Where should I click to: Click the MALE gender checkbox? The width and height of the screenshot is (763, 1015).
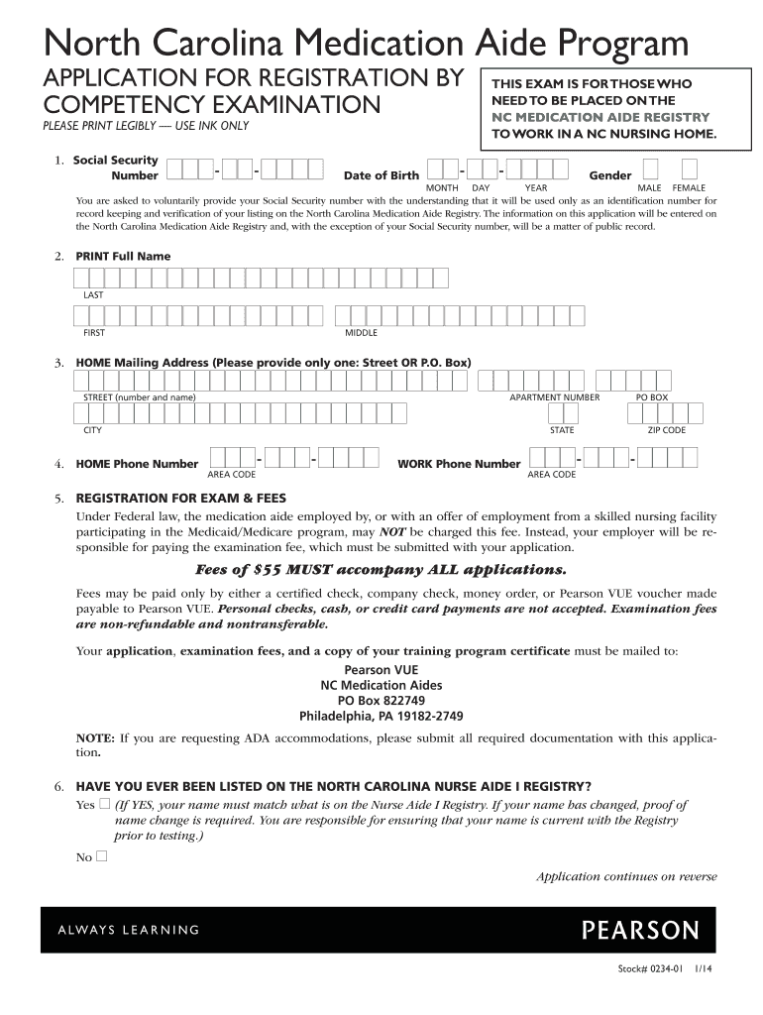(650, 169)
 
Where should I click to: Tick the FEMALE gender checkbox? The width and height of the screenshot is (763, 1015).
(690, 169)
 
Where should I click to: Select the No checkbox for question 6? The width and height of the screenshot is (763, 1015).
(100, 855)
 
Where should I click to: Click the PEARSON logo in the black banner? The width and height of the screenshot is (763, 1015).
(640, 931)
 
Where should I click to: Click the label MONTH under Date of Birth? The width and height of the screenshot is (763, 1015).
(441, 187)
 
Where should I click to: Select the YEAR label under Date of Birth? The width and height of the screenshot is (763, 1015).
(536, 187)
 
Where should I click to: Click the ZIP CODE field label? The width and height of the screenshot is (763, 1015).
(667, 430)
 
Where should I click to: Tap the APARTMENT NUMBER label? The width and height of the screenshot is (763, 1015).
(554, 397)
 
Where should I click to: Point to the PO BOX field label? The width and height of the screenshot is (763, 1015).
(652, 397)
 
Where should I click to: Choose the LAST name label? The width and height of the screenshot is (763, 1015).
(93, 294)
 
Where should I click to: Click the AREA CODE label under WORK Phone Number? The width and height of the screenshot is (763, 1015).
(551, 475)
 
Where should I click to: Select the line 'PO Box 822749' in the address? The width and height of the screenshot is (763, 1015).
(381, 700)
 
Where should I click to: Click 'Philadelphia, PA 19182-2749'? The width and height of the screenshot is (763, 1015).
(381, 716)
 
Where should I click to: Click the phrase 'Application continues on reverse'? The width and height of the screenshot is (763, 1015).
(626, 876)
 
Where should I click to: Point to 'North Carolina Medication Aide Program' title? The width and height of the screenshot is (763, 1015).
(365, 43)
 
